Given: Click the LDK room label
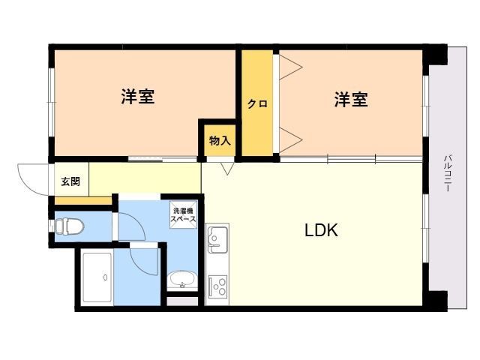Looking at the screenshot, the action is click(x=321, y=230).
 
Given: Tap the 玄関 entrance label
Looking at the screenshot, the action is click(x=70, y=181).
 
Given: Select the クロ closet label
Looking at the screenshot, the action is click(x=257, y=104).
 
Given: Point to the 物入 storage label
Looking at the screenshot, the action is click(x=220, y=141).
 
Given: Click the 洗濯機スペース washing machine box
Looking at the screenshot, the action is click(x=183, y=214).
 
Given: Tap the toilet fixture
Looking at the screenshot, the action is click(x=68, y=226).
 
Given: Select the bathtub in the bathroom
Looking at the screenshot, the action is click(x=97, y=277).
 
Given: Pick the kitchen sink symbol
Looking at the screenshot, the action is click(x=217, y=240).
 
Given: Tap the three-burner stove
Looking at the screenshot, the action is click(x=217, y=286).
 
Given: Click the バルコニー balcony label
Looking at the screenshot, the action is click(x=448, y=173).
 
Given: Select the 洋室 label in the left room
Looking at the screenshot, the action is click(x=138, y=97).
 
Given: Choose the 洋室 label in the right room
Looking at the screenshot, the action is click(x=351, y=100).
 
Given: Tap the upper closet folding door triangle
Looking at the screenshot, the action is click(x=291, y=67).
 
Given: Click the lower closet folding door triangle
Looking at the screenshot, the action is click(x=291, y=140).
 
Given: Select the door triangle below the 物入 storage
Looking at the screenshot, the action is click(x=227, y=169).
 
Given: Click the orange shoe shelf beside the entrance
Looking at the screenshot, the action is click(x=83, y=201).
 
